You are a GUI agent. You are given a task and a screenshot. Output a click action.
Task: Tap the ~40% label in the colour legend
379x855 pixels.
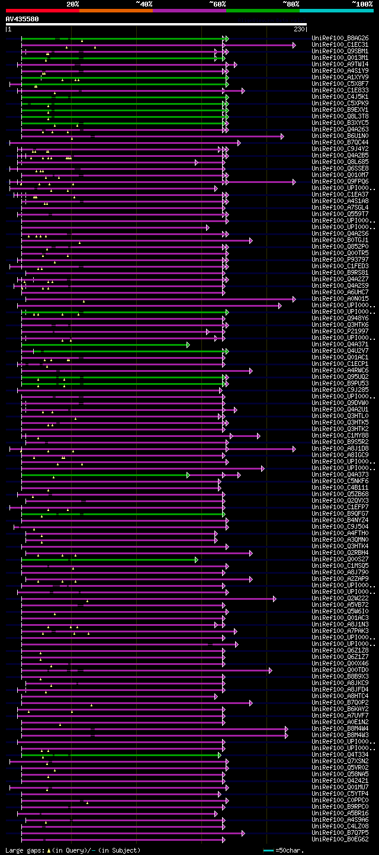pos(144,4)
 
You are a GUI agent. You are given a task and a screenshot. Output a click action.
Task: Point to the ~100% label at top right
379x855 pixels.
pos(362,4)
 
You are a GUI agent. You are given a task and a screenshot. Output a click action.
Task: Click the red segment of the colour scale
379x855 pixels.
pos(42,11)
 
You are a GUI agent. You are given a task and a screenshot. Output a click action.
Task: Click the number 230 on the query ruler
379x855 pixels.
pos(298,29)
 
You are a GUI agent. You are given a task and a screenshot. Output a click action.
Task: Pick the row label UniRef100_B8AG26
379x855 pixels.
pos(340,38)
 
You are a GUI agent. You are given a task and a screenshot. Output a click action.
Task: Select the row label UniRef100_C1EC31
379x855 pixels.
pos(340,45)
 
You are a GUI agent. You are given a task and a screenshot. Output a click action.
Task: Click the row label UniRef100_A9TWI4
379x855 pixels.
pos(340,65)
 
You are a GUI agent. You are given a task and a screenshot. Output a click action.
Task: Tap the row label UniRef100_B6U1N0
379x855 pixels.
pos(340,136)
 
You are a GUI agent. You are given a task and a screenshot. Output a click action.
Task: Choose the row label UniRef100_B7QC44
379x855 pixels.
pos(340,143)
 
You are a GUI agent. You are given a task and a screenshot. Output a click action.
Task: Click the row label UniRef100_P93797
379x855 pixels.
pos(340,260)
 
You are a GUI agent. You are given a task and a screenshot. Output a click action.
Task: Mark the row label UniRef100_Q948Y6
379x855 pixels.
pos(340,319)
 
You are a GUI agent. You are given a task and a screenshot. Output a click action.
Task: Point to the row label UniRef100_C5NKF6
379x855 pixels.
pos(340,481)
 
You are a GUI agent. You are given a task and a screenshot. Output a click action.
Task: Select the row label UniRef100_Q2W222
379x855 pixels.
pos(340,599)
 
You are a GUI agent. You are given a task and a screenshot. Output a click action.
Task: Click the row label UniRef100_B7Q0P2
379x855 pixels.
pos(340,703)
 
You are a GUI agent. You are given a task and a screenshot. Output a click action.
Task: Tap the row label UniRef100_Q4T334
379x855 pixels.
pos(340,755)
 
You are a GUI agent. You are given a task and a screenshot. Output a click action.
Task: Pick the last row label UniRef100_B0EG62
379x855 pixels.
pos(340,840)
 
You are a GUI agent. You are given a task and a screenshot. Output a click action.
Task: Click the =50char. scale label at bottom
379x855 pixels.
pos(290,850)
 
